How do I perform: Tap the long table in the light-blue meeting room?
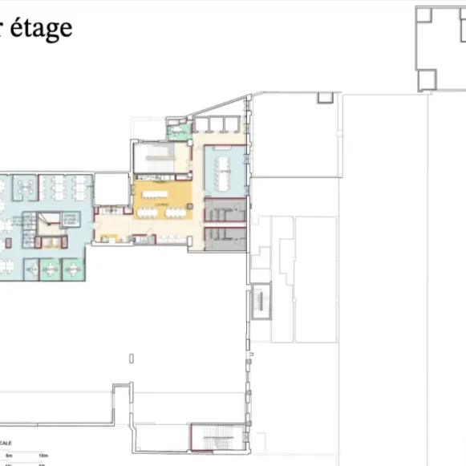(222, 170)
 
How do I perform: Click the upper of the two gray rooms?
(225, 210)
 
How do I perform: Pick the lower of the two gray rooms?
(225, 239)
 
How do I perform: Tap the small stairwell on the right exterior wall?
(260, 302)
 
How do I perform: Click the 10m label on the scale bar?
(41, 456)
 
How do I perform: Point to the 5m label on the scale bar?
(10, 456)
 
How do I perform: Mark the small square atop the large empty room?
(325, 98)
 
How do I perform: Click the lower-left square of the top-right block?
(426, 79)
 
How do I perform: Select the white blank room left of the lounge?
(111, 188)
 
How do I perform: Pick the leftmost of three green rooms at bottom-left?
(31, 270)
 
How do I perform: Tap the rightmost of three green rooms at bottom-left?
(74, 269)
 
